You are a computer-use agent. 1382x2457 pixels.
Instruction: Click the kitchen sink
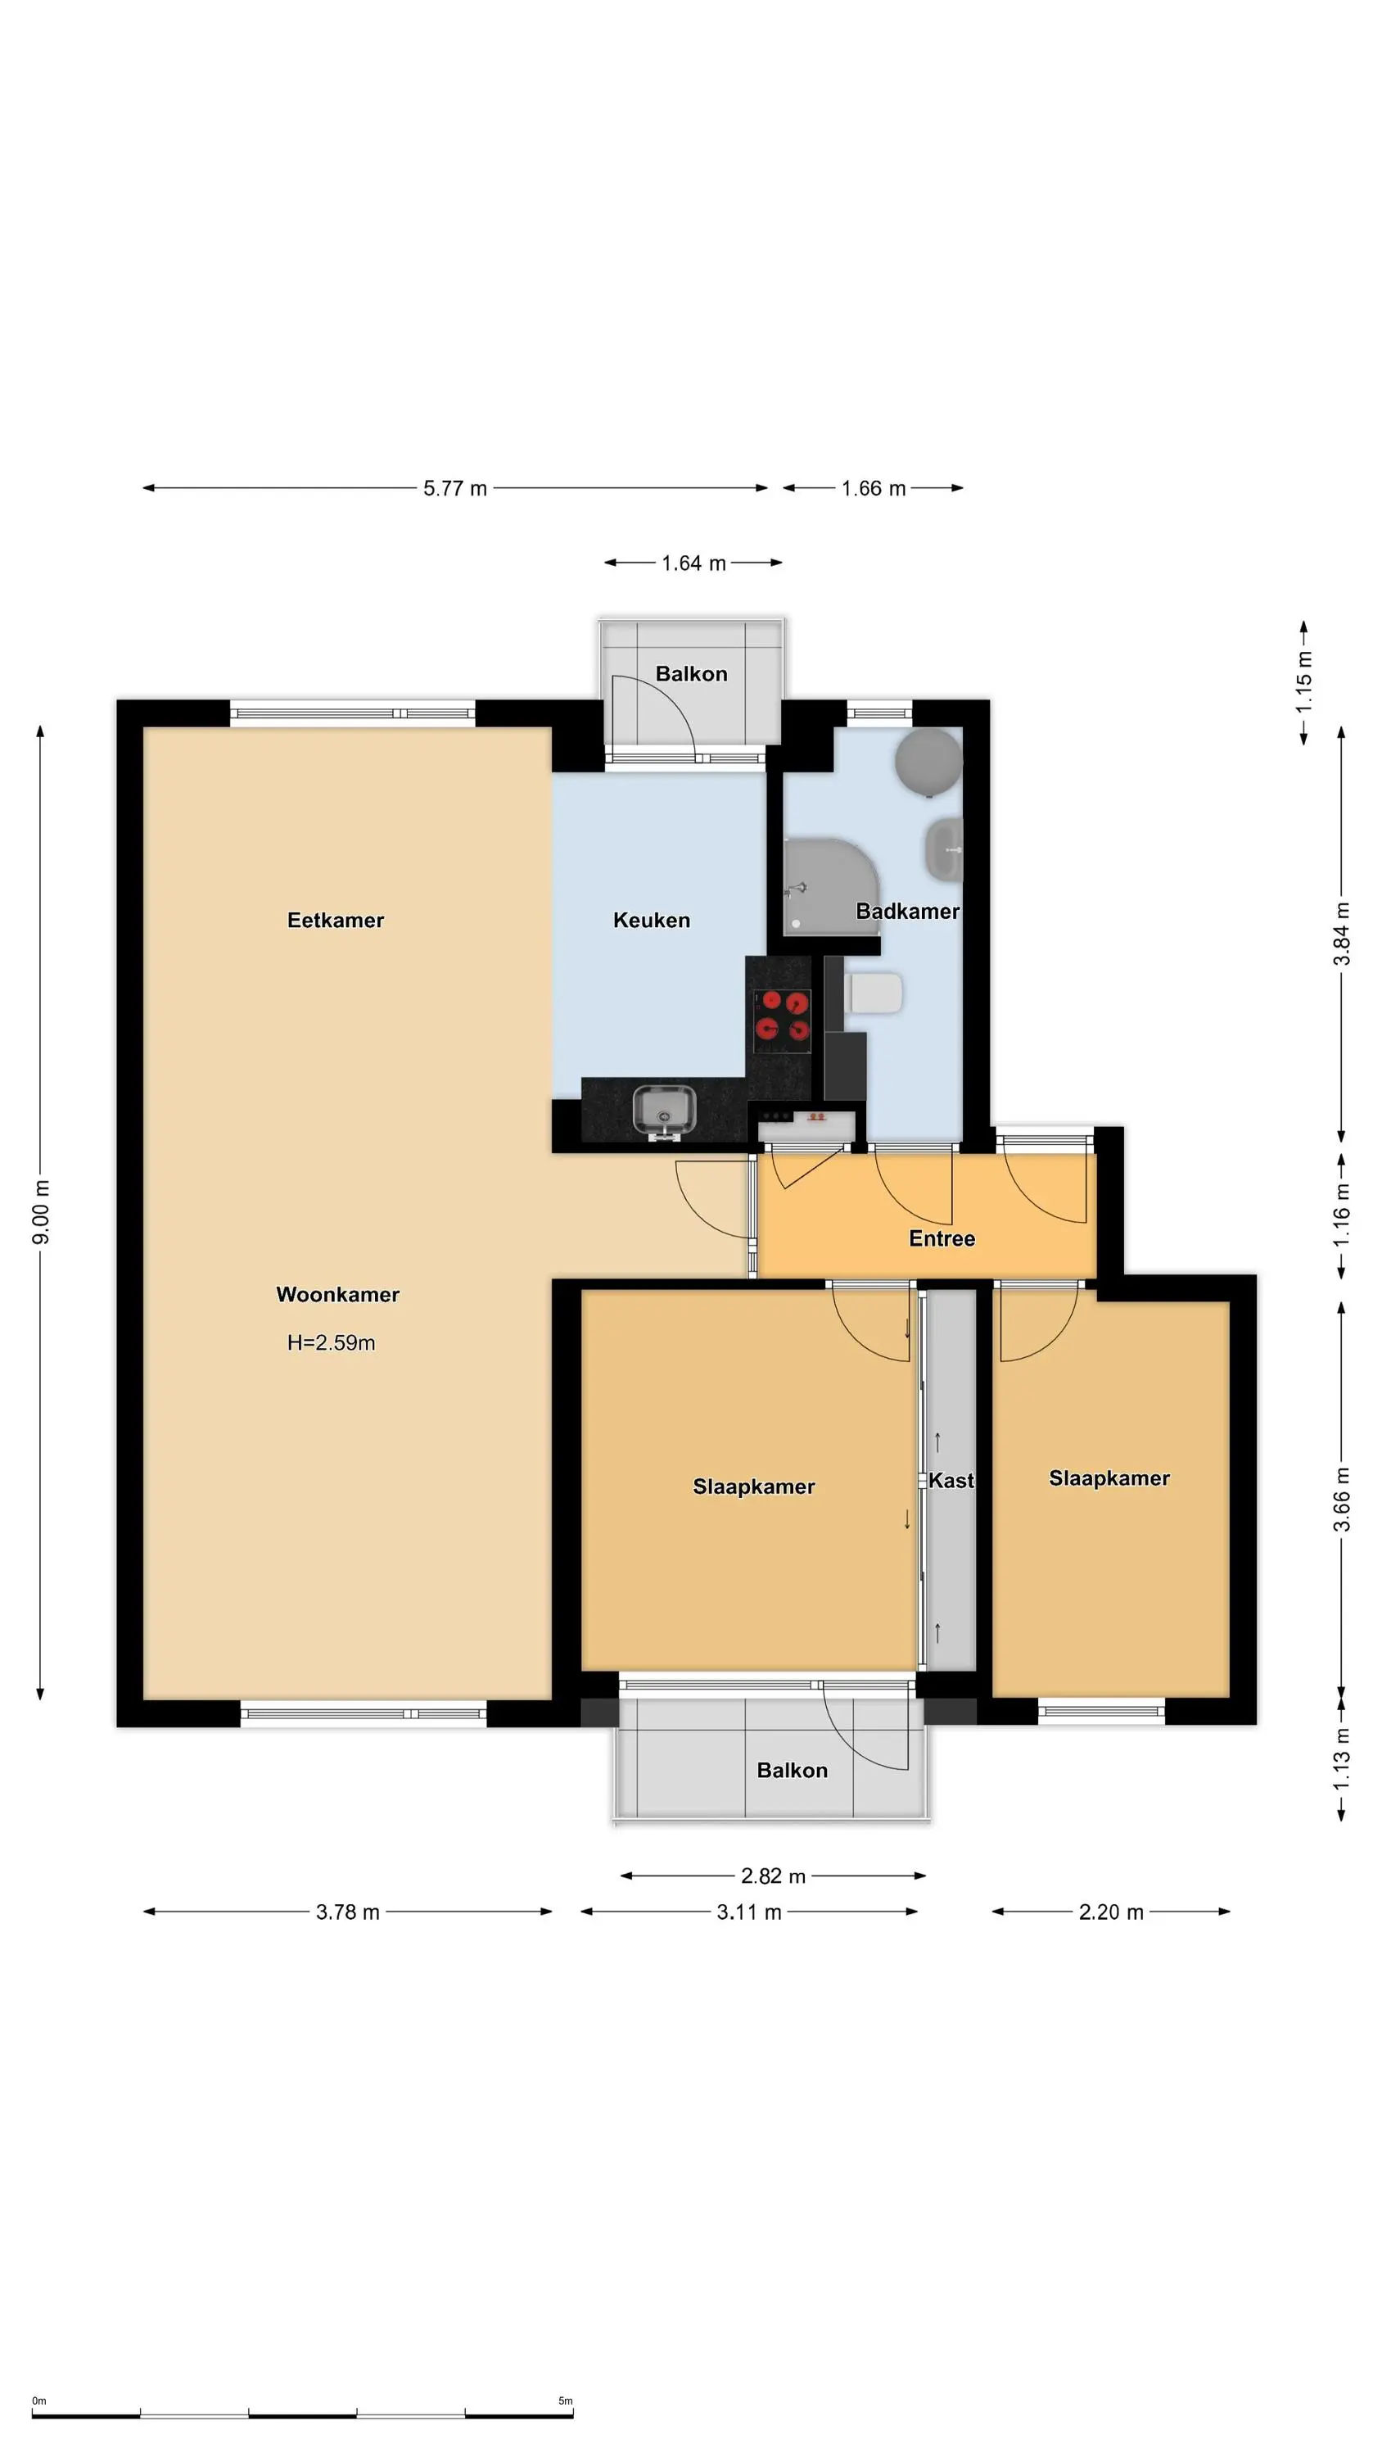point(664,1111)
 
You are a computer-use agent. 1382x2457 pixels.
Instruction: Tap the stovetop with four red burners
point(782,1016)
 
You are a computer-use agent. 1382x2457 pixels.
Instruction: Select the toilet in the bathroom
point(874,993)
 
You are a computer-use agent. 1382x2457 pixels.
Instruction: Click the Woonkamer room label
point(337,1294)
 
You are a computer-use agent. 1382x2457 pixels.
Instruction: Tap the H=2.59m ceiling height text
point(331,1343)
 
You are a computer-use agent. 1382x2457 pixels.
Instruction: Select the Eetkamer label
point(336,921)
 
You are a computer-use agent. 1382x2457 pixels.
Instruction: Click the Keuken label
point(652,921)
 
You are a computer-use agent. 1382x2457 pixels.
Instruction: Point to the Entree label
point(942,1239)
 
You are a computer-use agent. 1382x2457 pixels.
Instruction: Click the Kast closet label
point(951,1480)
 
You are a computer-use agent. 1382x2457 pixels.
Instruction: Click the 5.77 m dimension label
point(455,488)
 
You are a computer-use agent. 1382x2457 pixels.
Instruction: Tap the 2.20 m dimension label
point(1111,1912)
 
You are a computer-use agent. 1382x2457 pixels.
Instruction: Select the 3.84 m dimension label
point(1342,934)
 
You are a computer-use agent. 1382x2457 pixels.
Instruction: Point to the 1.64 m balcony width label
point(693,563)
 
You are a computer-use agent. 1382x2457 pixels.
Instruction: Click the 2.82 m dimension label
point(774,1876)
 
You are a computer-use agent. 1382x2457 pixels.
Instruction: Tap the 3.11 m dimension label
point(748,1912)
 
